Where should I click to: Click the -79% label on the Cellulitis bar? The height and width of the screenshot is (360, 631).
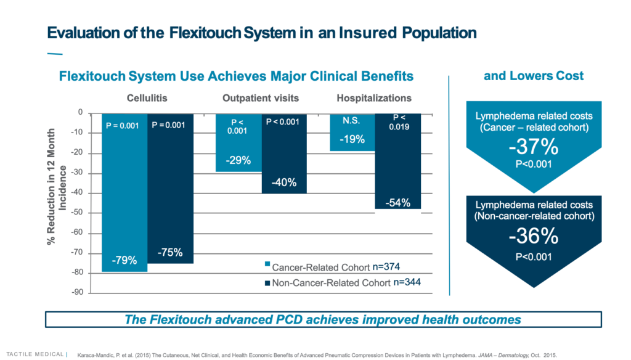click(x=124, y=261)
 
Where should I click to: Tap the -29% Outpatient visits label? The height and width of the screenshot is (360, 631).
click(x=238, y=160)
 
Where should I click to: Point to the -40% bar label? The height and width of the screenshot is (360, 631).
click(x=284, y=182)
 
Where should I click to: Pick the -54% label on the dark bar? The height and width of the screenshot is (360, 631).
click(x=397, y=202)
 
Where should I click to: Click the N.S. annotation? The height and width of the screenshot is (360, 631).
click(x=351, y=121)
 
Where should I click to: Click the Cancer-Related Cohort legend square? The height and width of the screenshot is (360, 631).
click(x=267, y=264)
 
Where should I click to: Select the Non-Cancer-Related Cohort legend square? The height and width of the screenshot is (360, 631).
click(x=267, y=283)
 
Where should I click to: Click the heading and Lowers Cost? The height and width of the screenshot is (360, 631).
click(x=534, y=76)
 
